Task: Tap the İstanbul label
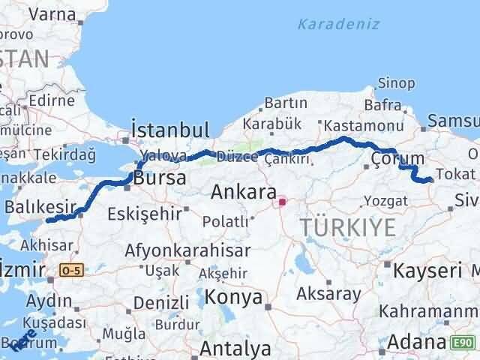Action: coord(169,128)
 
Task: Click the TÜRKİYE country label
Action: coord(348,228)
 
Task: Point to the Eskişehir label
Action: coord(145,213)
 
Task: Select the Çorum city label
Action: coord(397,159)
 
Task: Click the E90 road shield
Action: coord(463,343)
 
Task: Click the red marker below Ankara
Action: coord(283,201)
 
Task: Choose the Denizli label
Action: coord(157,304)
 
